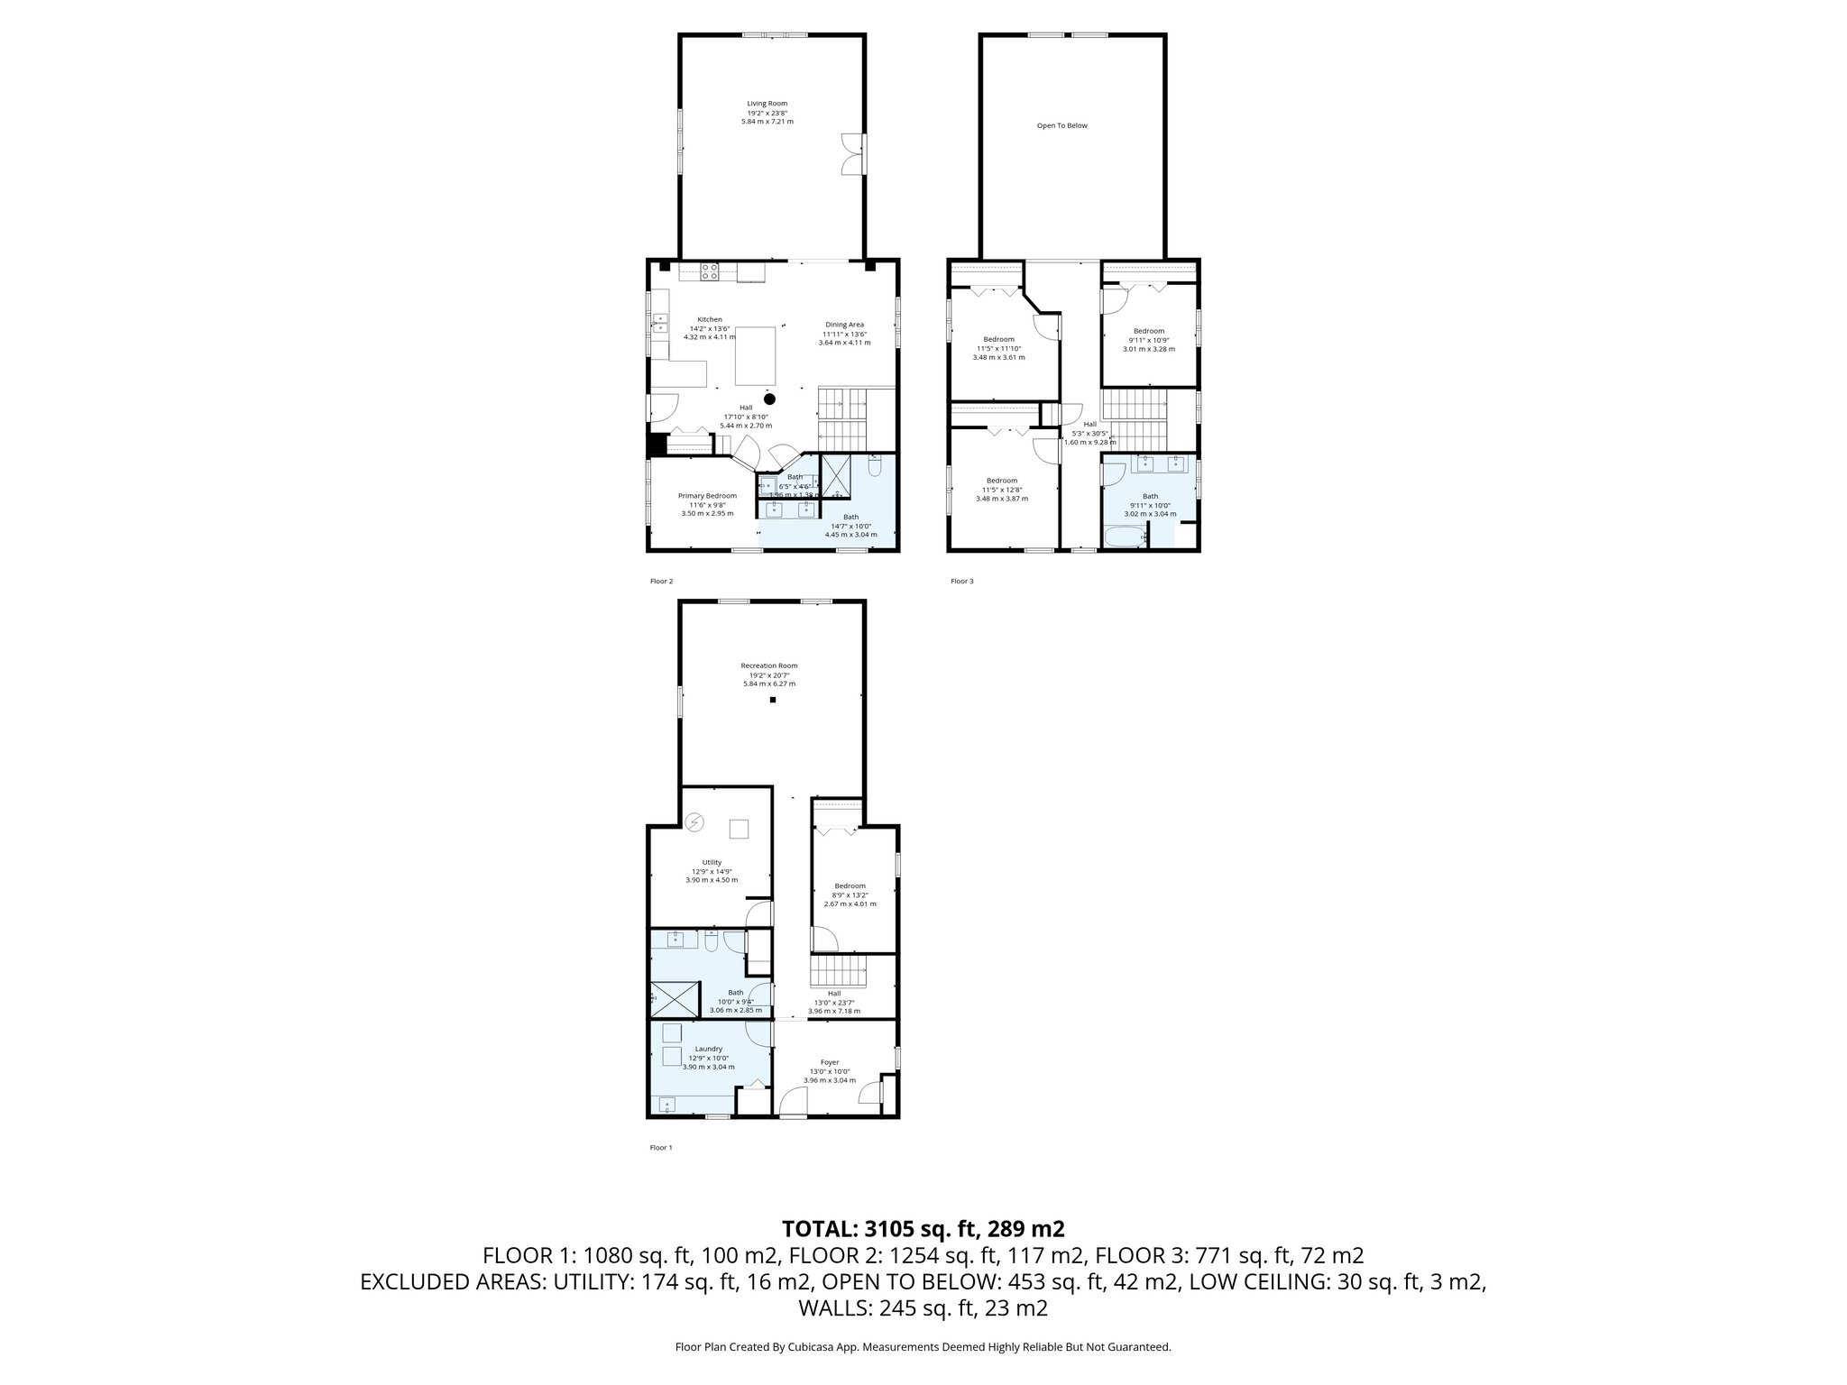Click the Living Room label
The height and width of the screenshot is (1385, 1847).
coord(767,104)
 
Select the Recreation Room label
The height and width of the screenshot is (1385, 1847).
coord(768,665)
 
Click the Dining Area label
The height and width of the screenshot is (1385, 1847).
coord(844,325)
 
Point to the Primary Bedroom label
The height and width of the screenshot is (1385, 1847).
coord(707,496)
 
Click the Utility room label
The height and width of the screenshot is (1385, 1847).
coord(712,862)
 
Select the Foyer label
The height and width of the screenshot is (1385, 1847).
coord(829,1062)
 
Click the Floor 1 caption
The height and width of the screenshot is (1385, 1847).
coord(661,1148)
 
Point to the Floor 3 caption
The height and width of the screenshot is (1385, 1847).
coord(961,582)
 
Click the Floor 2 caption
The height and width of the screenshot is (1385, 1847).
coord(661,582)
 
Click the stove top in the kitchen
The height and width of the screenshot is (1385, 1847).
coord(710,271)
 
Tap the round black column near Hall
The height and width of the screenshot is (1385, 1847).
coord(769,399)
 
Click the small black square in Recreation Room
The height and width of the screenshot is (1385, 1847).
coord(773,700)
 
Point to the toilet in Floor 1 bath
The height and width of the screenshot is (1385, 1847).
coord(711,943)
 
